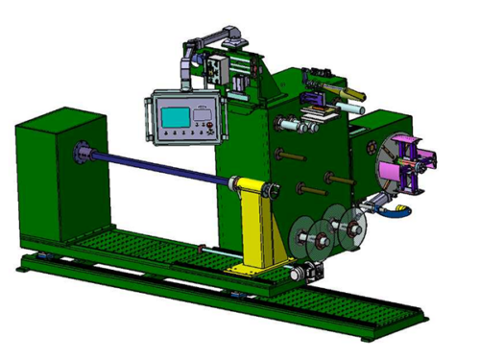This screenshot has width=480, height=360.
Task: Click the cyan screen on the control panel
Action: (176, 117)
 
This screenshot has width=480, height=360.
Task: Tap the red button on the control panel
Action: (203, 127)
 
